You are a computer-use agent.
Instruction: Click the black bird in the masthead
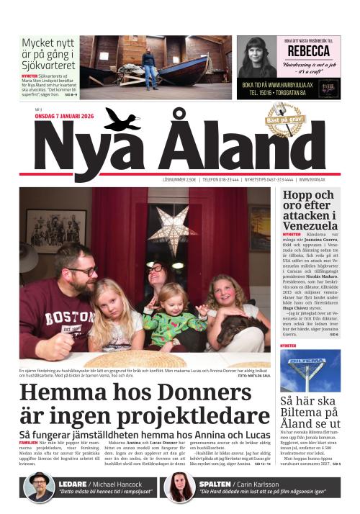tap(122, 120)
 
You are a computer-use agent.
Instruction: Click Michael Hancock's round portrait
tap(40, 487)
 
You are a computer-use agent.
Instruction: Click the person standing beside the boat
tap(149, 67)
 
